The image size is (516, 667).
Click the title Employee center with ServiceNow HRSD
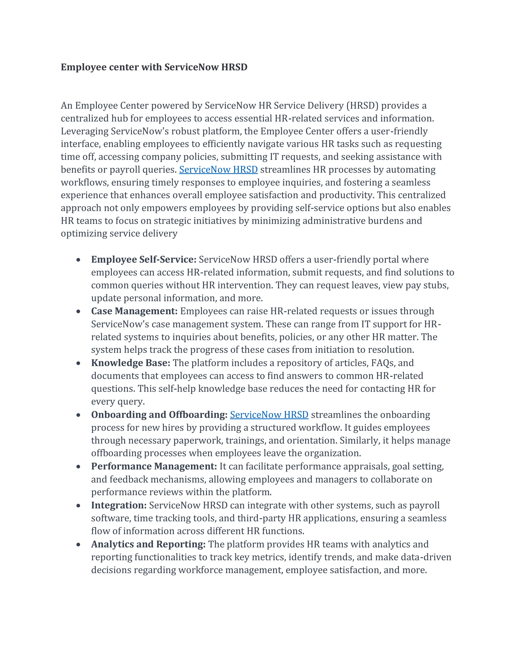pos(154,67)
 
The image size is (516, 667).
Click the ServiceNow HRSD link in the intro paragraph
pos(218,169)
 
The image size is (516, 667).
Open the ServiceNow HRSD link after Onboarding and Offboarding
pos(269,415)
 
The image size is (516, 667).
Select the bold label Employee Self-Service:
pos(144,260)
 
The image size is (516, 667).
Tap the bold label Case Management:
pos(134,311)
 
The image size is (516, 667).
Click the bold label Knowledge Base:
pos(131,363)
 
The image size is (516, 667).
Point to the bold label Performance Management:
pos(154,466)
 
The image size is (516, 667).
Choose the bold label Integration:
pos(119,505)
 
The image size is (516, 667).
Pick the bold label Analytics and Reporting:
pos(148,544)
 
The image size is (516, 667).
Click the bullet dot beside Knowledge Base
pos(79,363)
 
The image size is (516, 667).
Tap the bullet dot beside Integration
pos(79,506)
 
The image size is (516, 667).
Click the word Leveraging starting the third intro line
pos(85,131)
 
